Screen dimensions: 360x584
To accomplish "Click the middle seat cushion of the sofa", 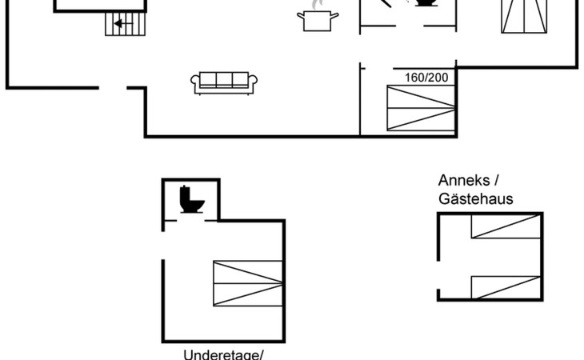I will [x=224, y=80].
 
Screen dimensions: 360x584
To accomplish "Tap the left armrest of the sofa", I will [x=195, y=81].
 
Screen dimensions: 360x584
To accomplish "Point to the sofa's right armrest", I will [x=254, y=81].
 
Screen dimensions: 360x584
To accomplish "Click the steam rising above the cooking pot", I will [x=315, y=6].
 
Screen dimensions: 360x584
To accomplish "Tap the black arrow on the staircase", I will [x=122, y=24].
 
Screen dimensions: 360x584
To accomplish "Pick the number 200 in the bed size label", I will [x=438, y=78].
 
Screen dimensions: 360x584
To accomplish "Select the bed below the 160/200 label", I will [x=421, y=110].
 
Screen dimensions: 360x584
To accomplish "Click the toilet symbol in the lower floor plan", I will [x=192, y=199].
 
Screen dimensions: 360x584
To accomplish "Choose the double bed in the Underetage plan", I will [x=249, y=283].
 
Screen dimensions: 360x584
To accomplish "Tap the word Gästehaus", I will [x=475, y=199].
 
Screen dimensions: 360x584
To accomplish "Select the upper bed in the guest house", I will [x=506, y=226].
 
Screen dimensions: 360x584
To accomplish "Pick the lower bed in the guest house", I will [x=506, y=286].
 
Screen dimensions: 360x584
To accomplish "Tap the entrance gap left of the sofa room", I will [x=113, y=86].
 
